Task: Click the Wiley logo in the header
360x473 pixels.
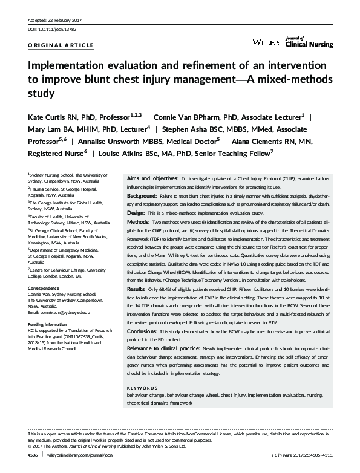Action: pyautogui.click(x=267, y=42)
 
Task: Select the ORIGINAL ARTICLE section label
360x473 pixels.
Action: pyautogui.click(x=52, y=45)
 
